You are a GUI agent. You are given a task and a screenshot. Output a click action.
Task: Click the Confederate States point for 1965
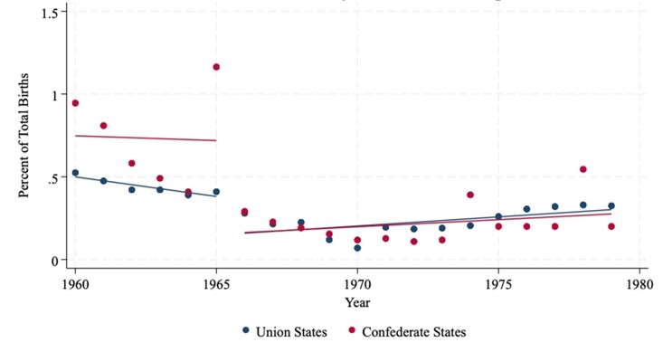coord(216,67)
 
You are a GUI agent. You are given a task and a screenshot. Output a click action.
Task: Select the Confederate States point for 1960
coord(75,103)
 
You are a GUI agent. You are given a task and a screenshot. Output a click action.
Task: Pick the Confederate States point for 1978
coord(583,169)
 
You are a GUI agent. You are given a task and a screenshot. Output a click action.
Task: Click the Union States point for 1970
coord(357,248)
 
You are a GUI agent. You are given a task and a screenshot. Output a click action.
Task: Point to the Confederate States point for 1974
coord(470,195)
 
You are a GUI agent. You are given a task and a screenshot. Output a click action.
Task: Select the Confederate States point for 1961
coord(103,126)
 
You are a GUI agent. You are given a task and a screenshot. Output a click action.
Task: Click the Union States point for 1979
coord(611,206)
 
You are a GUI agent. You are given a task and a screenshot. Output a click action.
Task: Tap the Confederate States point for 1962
coord(131,164)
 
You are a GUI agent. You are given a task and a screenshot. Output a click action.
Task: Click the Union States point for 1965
coord(216,192)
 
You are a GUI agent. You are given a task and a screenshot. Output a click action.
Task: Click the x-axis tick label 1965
coord(216,283)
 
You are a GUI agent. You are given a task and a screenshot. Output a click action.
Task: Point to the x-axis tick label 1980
coord(639,283)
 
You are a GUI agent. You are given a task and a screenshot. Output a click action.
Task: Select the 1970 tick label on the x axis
coord(357,283)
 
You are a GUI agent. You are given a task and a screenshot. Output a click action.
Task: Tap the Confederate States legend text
coord(413,332)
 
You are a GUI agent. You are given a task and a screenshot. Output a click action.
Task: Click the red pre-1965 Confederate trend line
coord(145,138)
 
